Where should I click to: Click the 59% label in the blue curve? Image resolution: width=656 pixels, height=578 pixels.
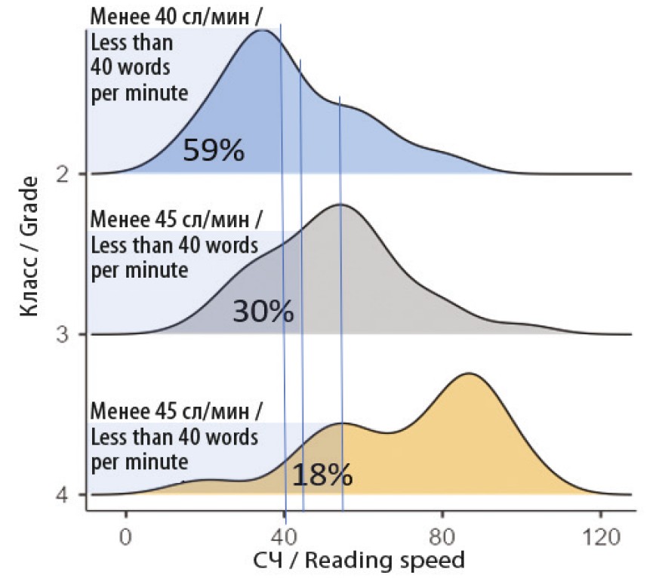point(214,150)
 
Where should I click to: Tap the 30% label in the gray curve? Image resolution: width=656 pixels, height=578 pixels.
point(263,312)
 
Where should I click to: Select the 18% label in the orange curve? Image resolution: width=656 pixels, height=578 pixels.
point(322,475)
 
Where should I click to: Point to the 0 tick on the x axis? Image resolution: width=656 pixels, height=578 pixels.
point(126,538)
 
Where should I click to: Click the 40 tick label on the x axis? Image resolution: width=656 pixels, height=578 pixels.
point(284,538)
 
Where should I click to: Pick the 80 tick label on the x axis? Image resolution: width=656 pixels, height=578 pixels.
point(442,538)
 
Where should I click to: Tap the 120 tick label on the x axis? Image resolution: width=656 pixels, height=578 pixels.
point(600,538)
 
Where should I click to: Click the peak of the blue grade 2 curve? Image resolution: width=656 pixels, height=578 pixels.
point(261,30)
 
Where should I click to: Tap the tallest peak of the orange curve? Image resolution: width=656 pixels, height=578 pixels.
point(470,373)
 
